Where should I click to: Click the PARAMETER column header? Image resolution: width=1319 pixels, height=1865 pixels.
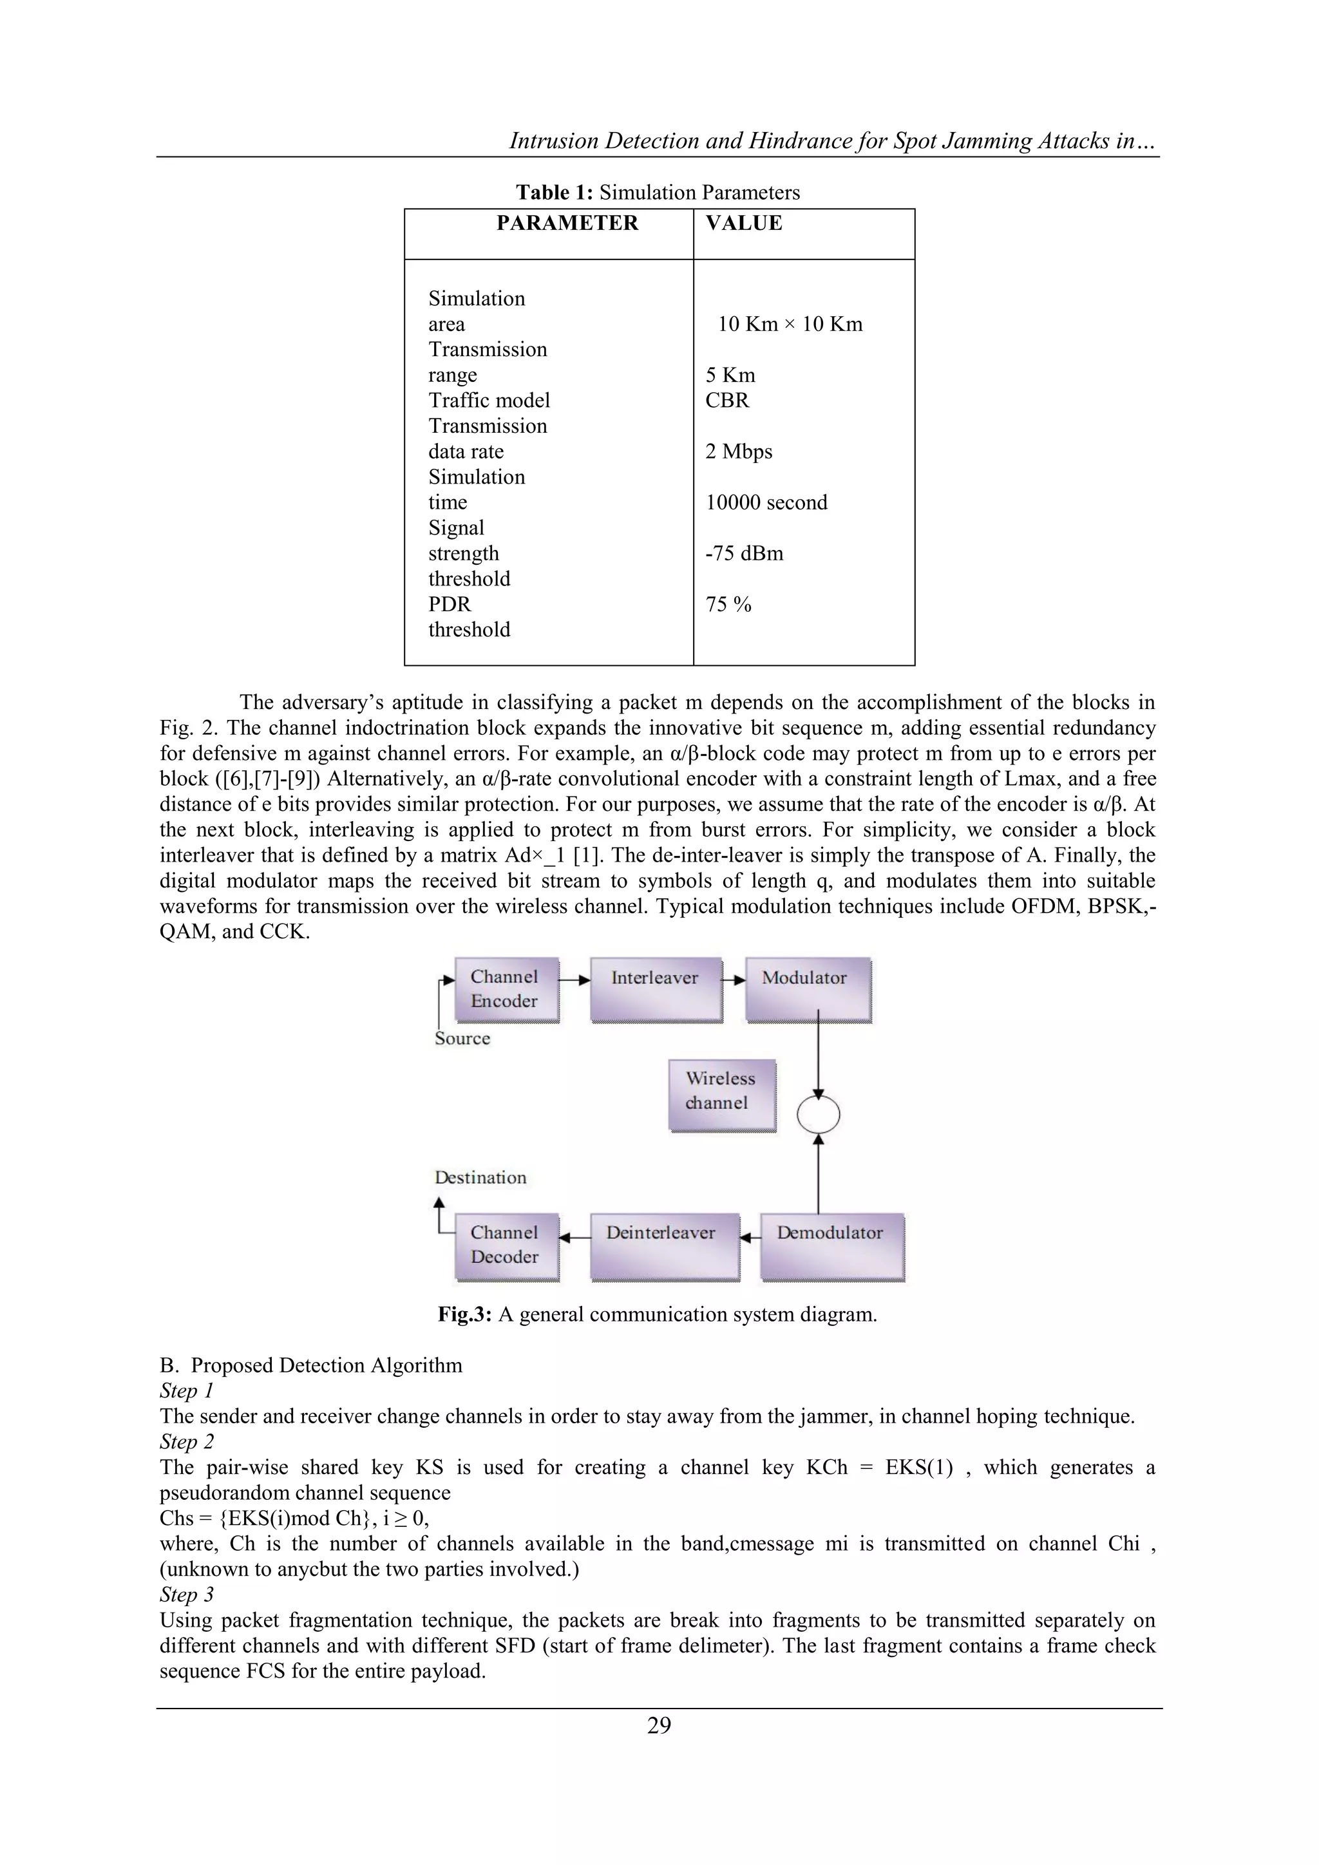tap(567, 223)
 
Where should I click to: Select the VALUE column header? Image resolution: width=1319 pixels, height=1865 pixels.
tap(743, 223)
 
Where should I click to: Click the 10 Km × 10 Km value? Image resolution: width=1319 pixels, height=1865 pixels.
tap(790, 324)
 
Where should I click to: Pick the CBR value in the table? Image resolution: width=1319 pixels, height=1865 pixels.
tap(727, 401)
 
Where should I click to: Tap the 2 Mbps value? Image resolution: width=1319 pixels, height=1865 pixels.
tap(738, 451)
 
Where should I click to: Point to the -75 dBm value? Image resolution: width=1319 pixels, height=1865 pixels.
tap(744, 553)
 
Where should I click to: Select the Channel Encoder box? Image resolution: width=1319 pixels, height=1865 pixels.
tap(506, 989)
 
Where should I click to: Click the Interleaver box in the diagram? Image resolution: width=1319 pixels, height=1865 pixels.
tap(656, 989)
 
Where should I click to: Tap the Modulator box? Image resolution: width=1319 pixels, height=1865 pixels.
tap(806, 989)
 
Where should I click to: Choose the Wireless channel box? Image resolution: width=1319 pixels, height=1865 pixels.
tap(721, 1094)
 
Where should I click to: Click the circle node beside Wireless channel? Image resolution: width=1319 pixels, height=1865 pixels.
tap(818, 1115)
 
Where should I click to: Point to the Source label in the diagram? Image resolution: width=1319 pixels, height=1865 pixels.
tap(462, 1038)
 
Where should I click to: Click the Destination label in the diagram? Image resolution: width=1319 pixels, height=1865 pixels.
tap(480, 1177)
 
